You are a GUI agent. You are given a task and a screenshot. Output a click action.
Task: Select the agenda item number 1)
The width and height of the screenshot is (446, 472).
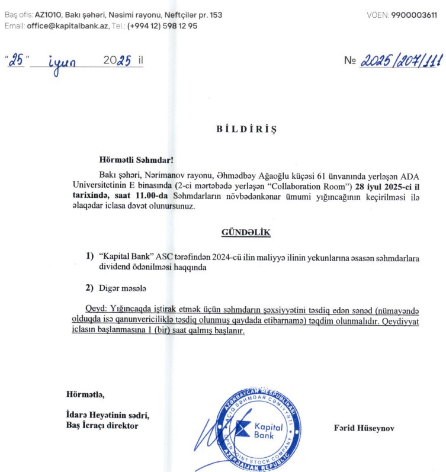[x=90, y=256]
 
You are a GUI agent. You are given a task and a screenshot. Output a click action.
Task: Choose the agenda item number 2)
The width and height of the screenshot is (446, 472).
[x=90, y=288]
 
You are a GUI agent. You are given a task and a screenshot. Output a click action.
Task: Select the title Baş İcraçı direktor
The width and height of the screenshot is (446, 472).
[x=102, y=425]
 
